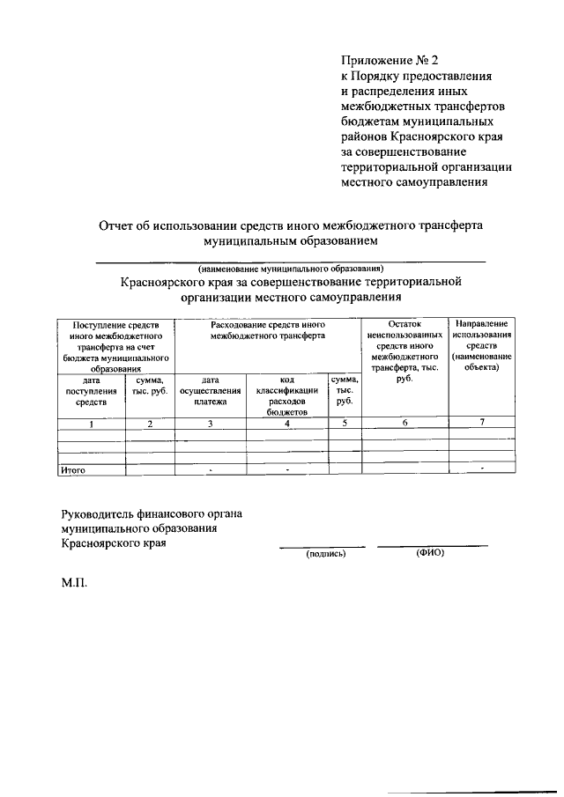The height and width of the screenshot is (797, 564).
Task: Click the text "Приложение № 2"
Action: (389, 61)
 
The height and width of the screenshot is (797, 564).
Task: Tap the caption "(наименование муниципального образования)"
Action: (291, 268)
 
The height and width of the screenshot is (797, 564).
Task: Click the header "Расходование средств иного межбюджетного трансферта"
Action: (268, 330)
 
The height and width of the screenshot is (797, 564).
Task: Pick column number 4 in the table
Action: (286, 424)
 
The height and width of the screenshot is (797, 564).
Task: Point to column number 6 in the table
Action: (405, 424)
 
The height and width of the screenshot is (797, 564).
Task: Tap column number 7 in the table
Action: (482, 424)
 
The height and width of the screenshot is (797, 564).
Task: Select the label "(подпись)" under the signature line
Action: (325, 554)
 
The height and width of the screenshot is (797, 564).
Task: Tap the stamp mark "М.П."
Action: (75, 584)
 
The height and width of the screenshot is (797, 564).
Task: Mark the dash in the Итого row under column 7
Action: (482, 468)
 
